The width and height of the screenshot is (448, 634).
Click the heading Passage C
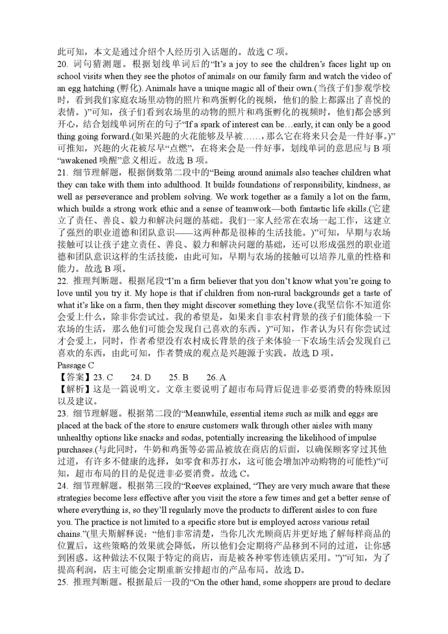pos(75,366)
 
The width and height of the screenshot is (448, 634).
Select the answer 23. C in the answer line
pos(103,377)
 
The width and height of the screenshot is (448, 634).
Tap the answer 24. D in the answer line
pos(141,377)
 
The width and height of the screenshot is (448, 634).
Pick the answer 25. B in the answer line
pos(179,377)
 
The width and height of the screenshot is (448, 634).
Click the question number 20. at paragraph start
pos(63,64)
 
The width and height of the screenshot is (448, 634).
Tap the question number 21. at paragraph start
pos(63,173)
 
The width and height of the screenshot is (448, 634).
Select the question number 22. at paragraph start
pos(63,281)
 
